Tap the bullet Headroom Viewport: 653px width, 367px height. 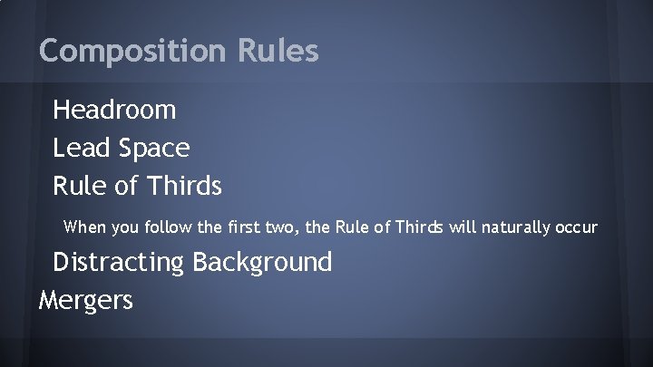pos(114,111)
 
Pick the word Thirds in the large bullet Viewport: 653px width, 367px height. pos(180,186)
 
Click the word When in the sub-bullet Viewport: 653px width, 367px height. pos(84,226)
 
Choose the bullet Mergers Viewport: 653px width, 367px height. pos(86,300)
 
